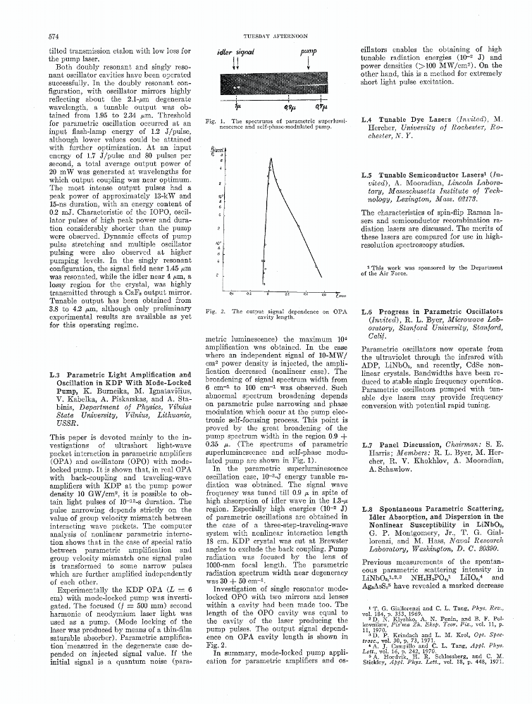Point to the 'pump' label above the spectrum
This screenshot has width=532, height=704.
coord(308,51)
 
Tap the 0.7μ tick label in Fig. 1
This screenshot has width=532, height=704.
coord(321,106)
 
